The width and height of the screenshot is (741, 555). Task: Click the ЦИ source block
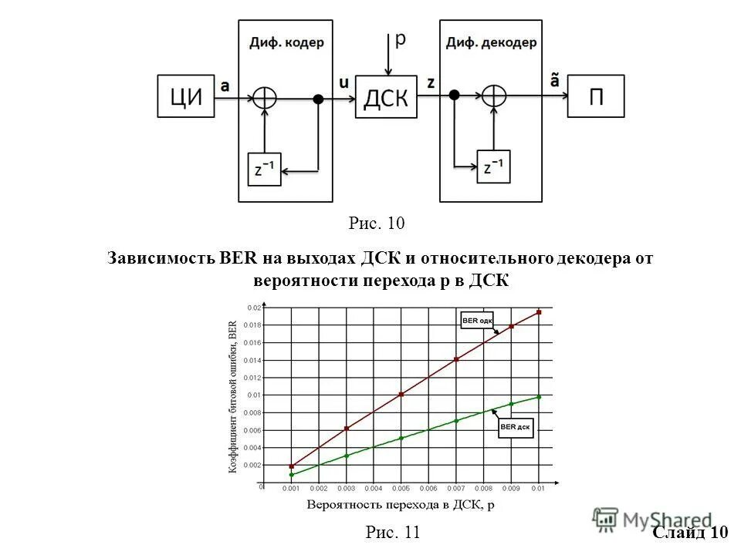185,96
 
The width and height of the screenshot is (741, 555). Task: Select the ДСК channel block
386,96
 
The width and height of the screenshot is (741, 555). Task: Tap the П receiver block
596,96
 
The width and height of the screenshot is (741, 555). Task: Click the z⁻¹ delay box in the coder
264,168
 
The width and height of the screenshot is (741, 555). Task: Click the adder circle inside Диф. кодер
265,97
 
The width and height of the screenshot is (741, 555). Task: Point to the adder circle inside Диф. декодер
493,96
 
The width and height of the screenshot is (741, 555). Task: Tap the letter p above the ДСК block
400,40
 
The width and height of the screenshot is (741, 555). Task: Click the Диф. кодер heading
286,43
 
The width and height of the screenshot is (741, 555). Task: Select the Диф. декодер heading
491,43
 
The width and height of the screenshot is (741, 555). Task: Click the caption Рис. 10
377,224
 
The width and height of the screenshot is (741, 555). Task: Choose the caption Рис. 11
392,532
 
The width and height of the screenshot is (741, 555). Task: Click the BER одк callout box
478,321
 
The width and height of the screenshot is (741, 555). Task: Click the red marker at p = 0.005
401,394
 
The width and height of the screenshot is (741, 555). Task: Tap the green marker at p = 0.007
456,420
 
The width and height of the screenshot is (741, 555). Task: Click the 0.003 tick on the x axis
346,489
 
